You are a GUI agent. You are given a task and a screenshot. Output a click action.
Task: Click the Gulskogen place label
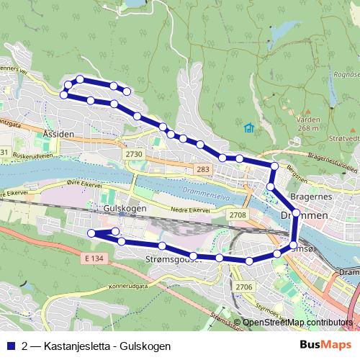click(126, 208)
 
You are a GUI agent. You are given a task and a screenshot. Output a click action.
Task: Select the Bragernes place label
click(308, 196)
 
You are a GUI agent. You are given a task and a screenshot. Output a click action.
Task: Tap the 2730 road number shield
click(135, 154)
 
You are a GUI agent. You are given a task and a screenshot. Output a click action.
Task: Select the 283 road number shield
click(202, 168)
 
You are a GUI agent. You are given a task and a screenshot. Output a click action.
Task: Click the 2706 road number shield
click(243, 287)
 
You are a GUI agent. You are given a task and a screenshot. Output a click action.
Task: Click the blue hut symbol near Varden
click(249, 128)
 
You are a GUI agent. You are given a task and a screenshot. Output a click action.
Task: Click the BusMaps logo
click(325, 346)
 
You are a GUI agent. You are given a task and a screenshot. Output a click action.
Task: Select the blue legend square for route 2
click(11, 346)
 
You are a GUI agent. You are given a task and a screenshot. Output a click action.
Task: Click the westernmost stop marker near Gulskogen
click(91, 233)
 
